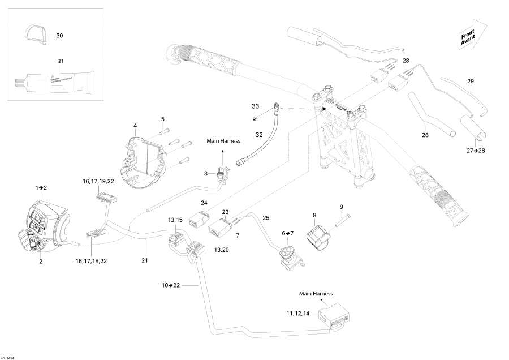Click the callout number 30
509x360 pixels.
tap(60, 36)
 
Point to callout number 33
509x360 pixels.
tap(255, 106)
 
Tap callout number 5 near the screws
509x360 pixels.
tap(162, 119)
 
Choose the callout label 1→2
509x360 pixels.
tap(41, 187)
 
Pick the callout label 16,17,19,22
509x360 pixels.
tap(98, 181)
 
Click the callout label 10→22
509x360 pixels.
tap(171, 285)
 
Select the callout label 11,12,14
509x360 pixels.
tap(297, 312)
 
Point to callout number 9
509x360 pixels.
tap(341, 207)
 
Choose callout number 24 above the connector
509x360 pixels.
tap(204, 203)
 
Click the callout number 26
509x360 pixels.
tap(426, 135)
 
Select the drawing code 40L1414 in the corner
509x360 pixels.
tap(9, 357)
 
